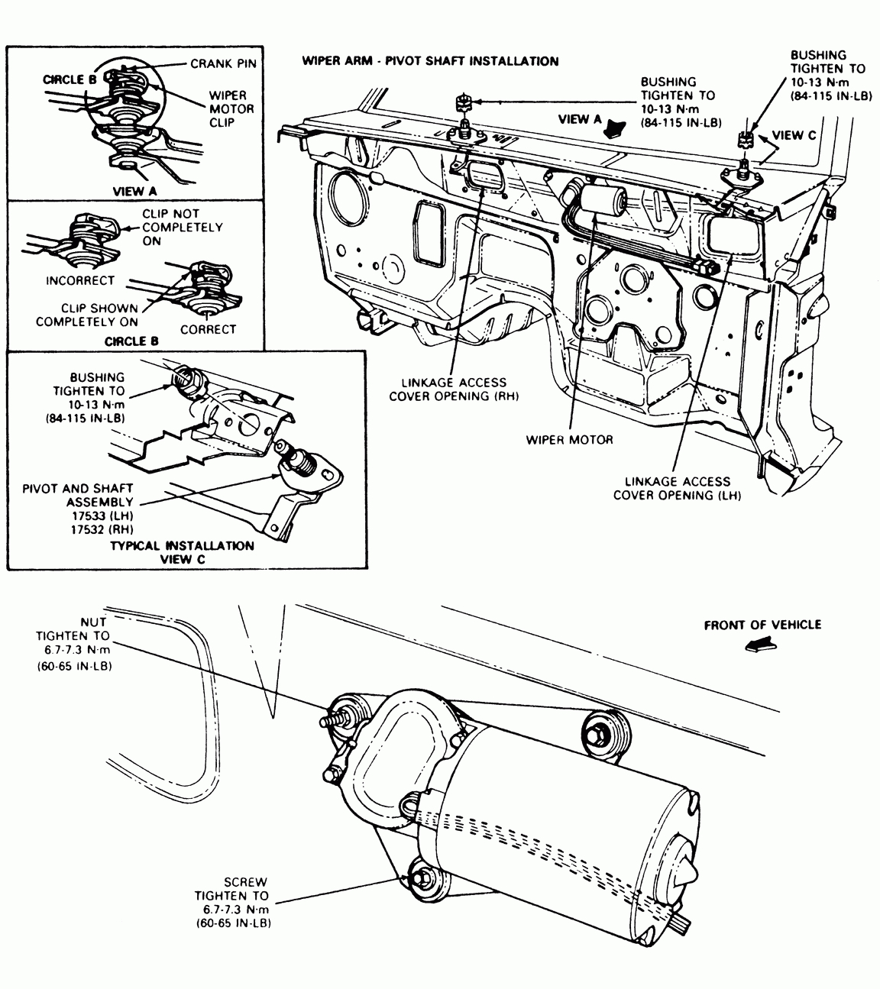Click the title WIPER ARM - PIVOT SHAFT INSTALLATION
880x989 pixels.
(430, 61)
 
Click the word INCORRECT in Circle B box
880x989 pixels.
(80, 280)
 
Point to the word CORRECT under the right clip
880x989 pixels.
(208, 329)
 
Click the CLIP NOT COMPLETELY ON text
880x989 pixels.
(182, 228)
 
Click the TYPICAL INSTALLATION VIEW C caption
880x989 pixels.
(182, 551)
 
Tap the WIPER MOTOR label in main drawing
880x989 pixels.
(569, 440)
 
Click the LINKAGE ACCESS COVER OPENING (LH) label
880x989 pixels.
(678, 488)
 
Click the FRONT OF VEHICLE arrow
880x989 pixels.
(759, 646)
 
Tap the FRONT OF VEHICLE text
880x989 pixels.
(762, 625)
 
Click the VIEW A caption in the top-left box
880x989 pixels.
(134, 192)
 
